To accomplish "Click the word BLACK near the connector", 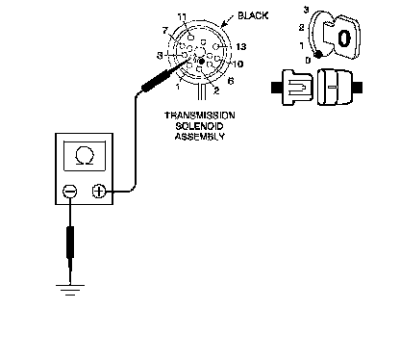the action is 253,15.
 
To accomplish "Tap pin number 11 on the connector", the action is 183,17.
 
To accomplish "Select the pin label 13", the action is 241,47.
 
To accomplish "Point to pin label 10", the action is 237,64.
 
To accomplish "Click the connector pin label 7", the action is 165,31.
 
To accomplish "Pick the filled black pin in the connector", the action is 202,61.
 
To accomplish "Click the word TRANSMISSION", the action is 199,116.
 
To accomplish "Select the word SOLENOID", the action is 199,126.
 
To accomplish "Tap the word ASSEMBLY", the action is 199,137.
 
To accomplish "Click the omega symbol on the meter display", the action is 85,156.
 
